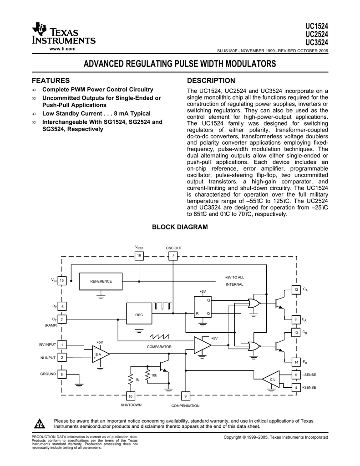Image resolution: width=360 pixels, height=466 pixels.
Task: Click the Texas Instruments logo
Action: (63, 34)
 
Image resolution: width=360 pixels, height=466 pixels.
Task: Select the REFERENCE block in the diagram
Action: (101, 281)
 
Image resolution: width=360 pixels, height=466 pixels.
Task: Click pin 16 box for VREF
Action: (139, 256)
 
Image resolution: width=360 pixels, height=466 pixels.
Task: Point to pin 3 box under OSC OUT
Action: (173, 257)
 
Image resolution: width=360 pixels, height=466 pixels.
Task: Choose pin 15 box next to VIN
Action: (62, 281)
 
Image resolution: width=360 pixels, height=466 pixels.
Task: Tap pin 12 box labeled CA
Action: (296, 290)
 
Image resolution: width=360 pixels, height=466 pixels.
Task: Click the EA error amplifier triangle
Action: (100, 354)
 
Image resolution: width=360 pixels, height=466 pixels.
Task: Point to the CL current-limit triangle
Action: (272, 379)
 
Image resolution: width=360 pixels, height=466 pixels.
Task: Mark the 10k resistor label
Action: (154, 375)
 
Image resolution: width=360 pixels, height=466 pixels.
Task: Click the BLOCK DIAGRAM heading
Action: (180, 227)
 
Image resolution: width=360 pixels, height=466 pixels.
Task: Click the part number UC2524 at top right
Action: (317, 35)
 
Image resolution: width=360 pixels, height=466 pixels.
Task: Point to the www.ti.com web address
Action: (62, 49)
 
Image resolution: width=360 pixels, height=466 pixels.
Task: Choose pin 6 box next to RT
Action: (62, 307)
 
